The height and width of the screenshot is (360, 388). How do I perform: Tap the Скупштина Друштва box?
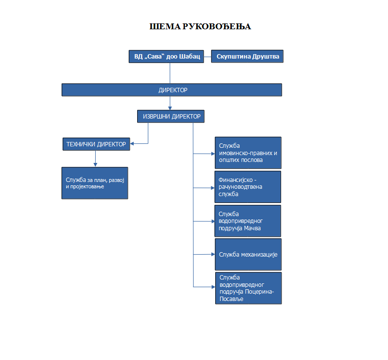[x=247, y=57]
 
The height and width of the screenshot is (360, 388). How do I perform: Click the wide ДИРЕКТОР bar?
[x=172, y=90]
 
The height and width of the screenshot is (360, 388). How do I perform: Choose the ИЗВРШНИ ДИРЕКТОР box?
[x=171, y=117]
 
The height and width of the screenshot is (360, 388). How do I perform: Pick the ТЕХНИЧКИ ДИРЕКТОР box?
[x=97, y=144]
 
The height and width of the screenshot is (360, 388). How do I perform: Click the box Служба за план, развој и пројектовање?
[x=95, y=183]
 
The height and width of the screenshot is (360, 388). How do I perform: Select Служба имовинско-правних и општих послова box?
[x=248, y=153]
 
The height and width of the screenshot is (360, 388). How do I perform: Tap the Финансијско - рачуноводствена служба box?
[x=248, y=187]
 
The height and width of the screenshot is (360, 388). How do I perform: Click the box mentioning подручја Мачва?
[x=248, y=220]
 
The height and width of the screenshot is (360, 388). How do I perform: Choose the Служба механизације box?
[x=248, y=254]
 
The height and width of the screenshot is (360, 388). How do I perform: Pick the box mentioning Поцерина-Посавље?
[x=248, y=288]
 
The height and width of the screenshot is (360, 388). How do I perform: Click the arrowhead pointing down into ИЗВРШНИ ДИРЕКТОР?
[x=170, y=108]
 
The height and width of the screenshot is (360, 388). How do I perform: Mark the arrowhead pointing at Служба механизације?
[x=213, y=254]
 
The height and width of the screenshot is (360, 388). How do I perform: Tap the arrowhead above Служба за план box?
[x=95, y=164]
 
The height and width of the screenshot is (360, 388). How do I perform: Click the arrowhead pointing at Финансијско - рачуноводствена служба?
[x=213, y=187]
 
